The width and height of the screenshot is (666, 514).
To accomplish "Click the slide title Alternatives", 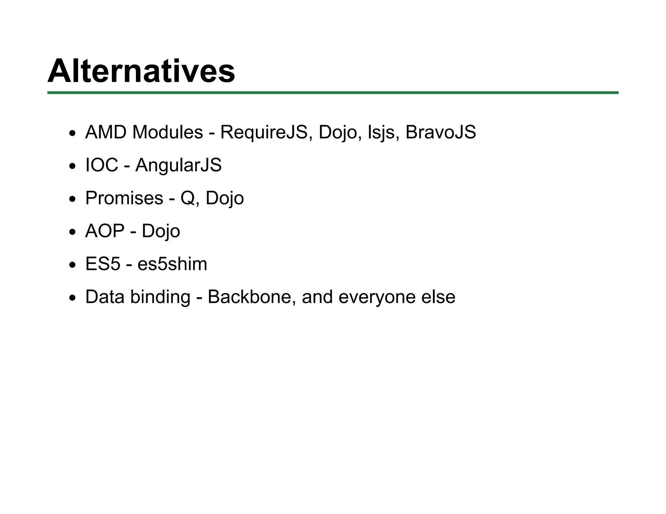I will click(141, 71).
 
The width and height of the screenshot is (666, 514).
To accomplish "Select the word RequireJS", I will click(264, 132).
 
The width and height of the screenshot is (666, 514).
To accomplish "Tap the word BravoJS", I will click(440, 132).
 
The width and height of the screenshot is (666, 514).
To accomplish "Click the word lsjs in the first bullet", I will click(381, 133).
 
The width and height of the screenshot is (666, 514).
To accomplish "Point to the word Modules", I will click(167, 132).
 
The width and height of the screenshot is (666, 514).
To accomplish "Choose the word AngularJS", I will click(178, 165).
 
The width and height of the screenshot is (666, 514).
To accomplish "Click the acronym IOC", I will click(101, 165).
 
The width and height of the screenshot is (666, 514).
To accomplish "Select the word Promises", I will click(124, 198).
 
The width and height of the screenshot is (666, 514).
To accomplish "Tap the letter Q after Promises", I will click(188, 198).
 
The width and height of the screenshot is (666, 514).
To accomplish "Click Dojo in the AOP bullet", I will click(161, 231).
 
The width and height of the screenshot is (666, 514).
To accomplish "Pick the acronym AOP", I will click(105, 231).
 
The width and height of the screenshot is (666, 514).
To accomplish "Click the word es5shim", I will click(172, 264).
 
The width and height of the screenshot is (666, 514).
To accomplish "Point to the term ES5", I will click(103, 264).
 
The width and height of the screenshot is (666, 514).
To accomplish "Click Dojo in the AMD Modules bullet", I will click(338, 133).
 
